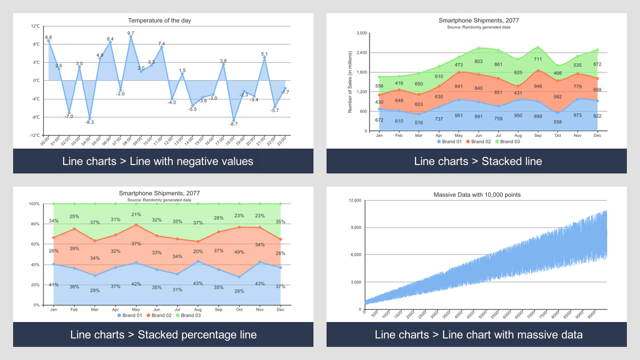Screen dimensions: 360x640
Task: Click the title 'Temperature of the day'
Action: pos(159,21)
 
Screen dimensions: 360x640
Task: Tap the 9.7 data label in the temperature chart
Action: pos(131,33)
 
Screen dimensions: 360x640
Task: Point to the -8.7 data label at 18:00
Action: pos(233,124)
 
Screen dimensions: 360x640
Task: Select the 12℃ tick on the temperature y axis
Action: pos(36,26)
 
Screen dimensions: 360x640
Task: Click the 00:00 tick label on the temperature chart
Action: pos(45,142)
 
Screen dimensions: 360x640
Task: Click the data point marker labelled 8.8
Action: pos(48,41)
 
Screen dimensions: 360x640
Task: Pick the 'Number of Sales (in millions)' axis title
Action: pos(350,82)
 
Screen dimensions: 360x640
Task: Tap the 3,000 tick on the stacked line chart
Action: pos(361,33)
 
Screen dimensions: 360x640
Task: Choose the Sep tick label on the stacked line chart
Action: pos(537,135)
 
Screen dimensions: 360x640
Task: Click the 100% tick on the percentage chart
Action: pos(34,204)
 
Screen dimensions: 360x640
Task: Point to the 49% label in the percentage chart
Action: pos(239,252)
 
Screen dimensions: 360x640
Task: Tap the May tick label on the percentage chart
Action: pos(136,309)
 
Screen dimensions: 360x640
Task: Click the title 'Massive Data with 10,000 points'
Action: pos(477,195)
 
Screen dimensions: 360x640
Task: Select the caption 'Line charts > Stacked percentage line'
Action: pos(163,335)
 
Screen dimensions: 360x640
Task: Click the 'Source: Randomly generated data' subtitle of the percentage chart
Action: pos(159,200)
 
